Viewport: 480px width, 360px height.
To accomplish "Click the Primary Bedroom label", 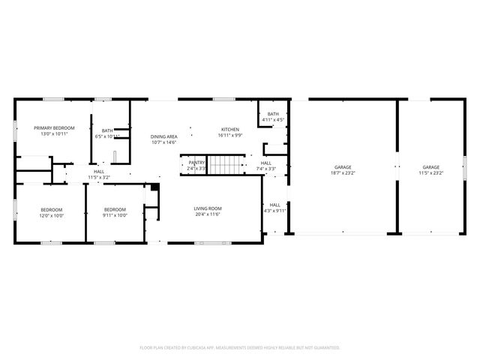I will point(54,128).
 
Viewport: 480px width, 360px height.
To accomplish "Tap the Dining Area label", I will point(164,136).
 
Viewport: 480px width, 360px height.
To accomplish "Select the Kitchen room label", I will point(229,129).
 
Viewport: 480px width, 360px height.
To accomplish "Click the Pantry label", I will point(196,162).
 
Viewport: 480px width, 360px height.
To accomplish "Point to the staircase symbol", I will point(227,165).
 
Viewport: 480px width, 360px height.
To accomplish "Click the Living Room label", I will point(208,208).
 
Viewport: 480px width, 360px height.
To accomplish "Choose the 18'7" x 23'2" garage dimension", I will point(343,173).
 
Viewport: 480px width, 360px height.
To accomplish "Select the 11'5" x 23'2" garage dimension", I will point(430,173).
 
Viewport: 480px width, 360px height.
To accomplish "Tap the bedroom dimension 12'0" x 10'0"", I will point(52,215).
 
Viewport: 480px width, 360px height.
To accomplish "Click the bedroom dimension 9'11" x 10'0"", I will point(115,215).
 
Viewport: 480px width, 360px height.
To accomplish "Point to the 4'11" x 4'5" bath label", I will point(273,120).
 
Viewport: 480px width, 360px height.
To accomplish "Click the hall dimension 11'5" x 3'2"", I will point(99,178).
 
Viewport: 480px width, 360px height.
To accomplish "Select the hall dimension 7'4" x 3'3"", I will point(266,169).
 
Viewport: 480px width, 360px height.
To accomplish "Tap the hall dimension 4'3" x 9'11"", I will point(275,211).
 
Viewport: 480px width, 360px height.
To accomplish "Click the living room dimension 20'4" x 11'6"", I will point(208,215).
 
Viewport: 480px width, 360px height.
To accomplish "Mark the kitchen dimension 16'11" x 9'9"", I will point(229,136).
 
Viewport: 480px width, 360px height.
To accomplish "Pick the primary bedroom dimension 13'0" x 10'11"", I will point(54,135).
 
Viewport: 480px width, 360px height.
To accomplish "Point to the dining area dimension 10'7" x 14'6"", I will point(164,142).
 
